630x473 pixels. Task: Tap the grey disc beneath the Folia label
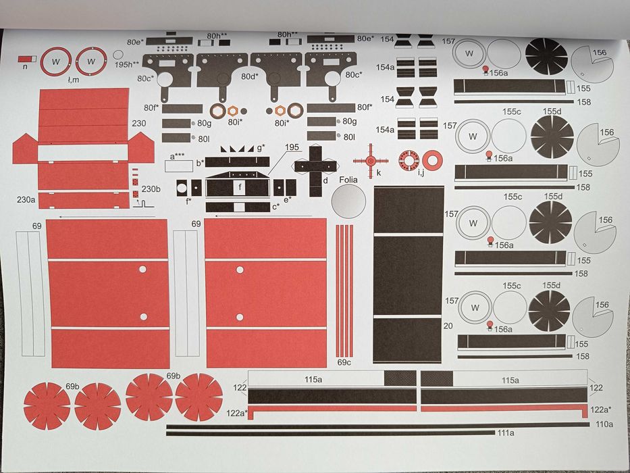pos(348,202)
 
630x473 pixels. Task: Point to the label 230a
pos(26,200)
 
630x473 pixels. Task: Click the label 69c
pos(344,363)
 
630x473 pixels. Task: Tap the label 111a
pos(506,433)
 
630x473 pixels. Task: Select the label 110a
pos(604,424)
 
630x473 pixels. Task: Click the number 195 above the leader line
pos(291,147)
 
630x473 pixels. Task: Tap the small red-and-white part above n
pos(28,59)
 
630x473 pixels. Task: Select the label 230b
pos(151,189)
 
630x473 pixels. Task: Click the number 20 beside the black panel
pos(448,326)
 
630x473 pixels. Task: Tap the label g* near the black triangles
pos(261,146)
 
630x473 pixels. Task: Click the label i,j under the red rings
pos(420,174)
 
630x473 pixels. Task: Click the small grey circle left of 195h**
pos(118,55)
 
